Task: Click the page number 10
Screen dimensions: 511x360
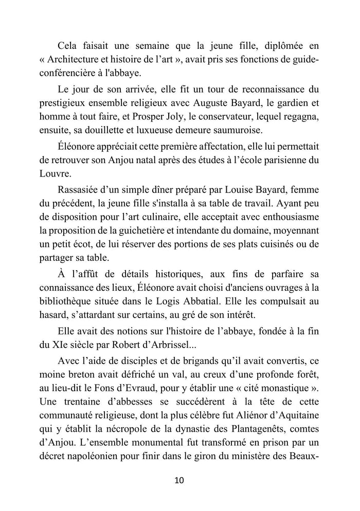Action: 179,481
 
